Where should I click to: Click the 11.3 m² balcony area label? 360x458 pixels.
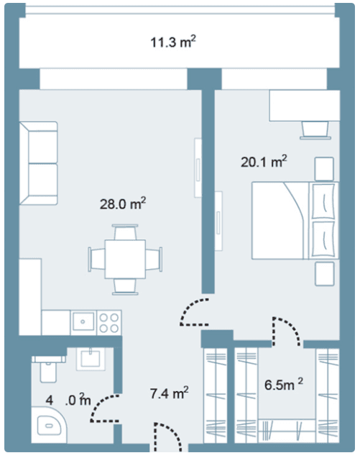pos(173,42)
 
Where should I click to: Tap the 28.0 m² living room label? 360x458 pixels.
pos(123,203)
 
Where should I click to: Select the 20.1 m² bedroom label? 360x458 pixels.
pos(264,162)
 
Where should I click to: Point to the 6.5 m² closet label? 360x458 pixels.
pos(284,385)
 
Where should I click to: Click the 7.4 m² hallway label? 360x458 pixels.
pos(169,393)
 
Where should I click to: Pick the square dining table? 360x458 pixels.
pos(125,259)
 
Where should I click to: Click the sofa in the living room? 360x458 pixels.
pos(38,163)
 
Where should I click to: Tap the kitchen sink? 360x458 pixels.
pos(83,321)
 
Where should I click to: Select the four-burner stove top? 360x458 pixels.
pos(109,323)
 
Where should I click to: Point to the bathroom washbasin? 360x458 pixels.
pos(91,359)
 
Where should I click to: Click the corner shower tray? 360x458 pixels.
pos(49,425)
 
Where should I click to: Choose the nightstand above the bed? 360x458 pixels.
pos(324,169)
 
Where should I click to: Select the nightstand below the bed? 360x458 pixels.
pos(324,274)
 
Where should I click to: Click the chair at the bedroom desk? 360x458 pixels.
pos(315,130)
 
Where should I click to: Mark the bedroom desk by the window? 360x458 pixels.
pos(305,106)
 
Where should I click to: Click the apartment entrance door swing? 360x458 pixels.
pos(169,438)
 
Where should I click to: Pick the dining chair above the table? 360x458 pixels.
pos(125,232)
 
